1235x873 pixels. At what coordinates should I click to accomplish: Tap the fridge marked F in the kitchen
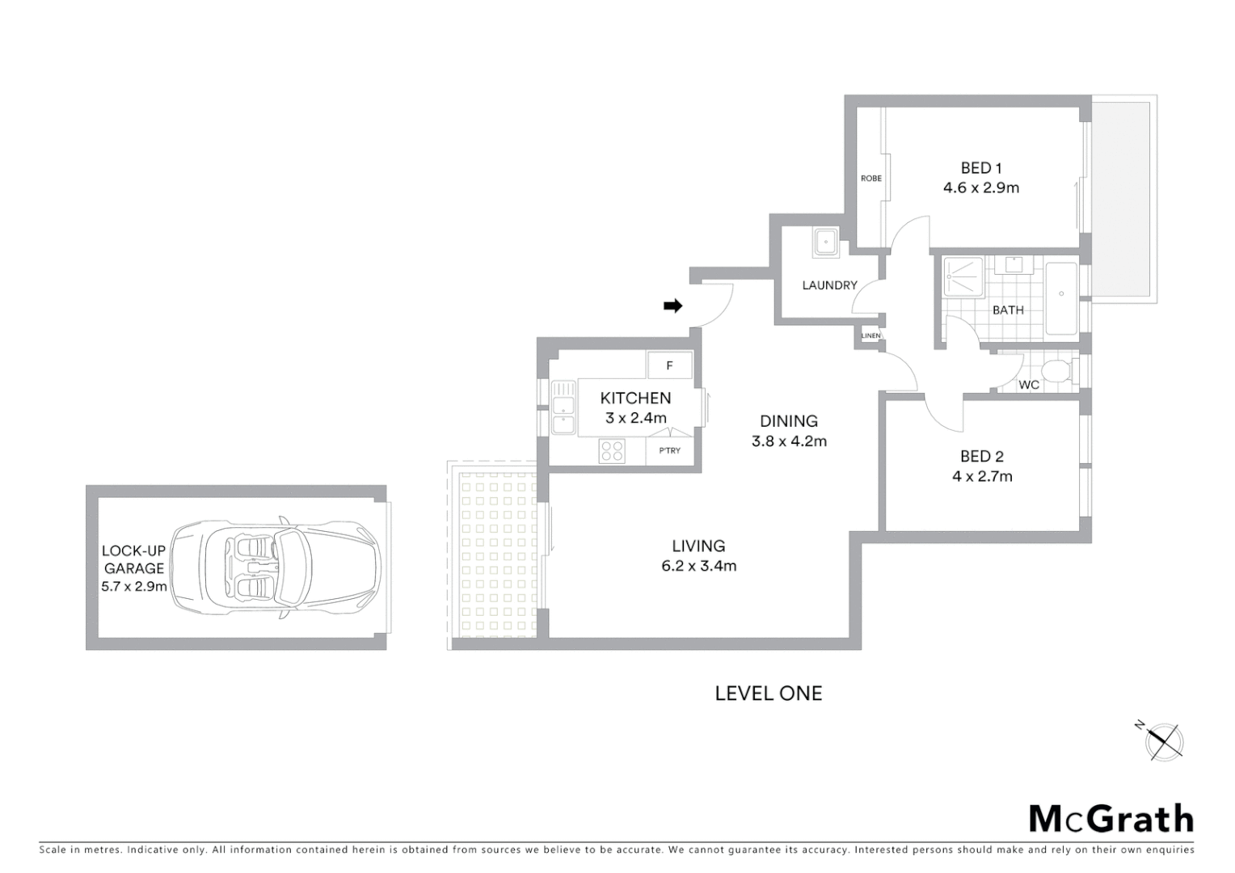pos(669,365)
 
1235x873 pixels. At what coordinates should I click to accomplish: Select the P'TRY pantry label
pos(669,451)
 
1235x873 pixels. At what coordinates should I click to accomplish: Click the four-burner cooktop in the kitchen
pos(612,450)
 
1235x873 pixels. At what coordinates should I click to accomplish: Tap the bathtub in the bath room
pos(1061,297)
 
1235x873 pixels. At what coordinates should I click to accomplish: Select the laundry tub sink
pos(826,242)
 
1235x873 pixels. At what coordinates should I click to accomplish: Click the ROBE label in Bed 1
pos(871,179)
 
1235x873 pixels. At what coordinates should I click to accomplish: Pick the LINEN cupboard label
pos(870,335)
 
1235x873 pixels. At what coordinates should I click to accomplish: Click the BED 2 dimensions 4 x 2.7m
pos(982,477)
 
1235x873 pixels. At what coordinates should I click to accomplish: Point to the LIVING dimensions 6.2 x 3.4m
pos(698,567)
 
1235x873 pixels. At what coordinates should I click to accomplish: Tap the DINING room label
pos(788,421)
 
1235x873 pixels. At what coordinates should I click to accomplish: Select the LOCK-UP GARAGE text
pos(133,559)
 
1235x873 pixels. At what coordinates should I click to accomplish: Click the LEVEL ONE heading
pos(768,694)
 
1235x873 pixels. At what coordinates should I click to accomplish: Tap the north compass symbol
pos(1164,740)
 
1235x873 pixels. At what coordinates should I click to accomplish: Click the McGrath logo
pos(1111,819)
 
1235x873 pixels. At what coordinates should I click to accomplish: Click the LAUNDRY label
pos(829,285)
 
